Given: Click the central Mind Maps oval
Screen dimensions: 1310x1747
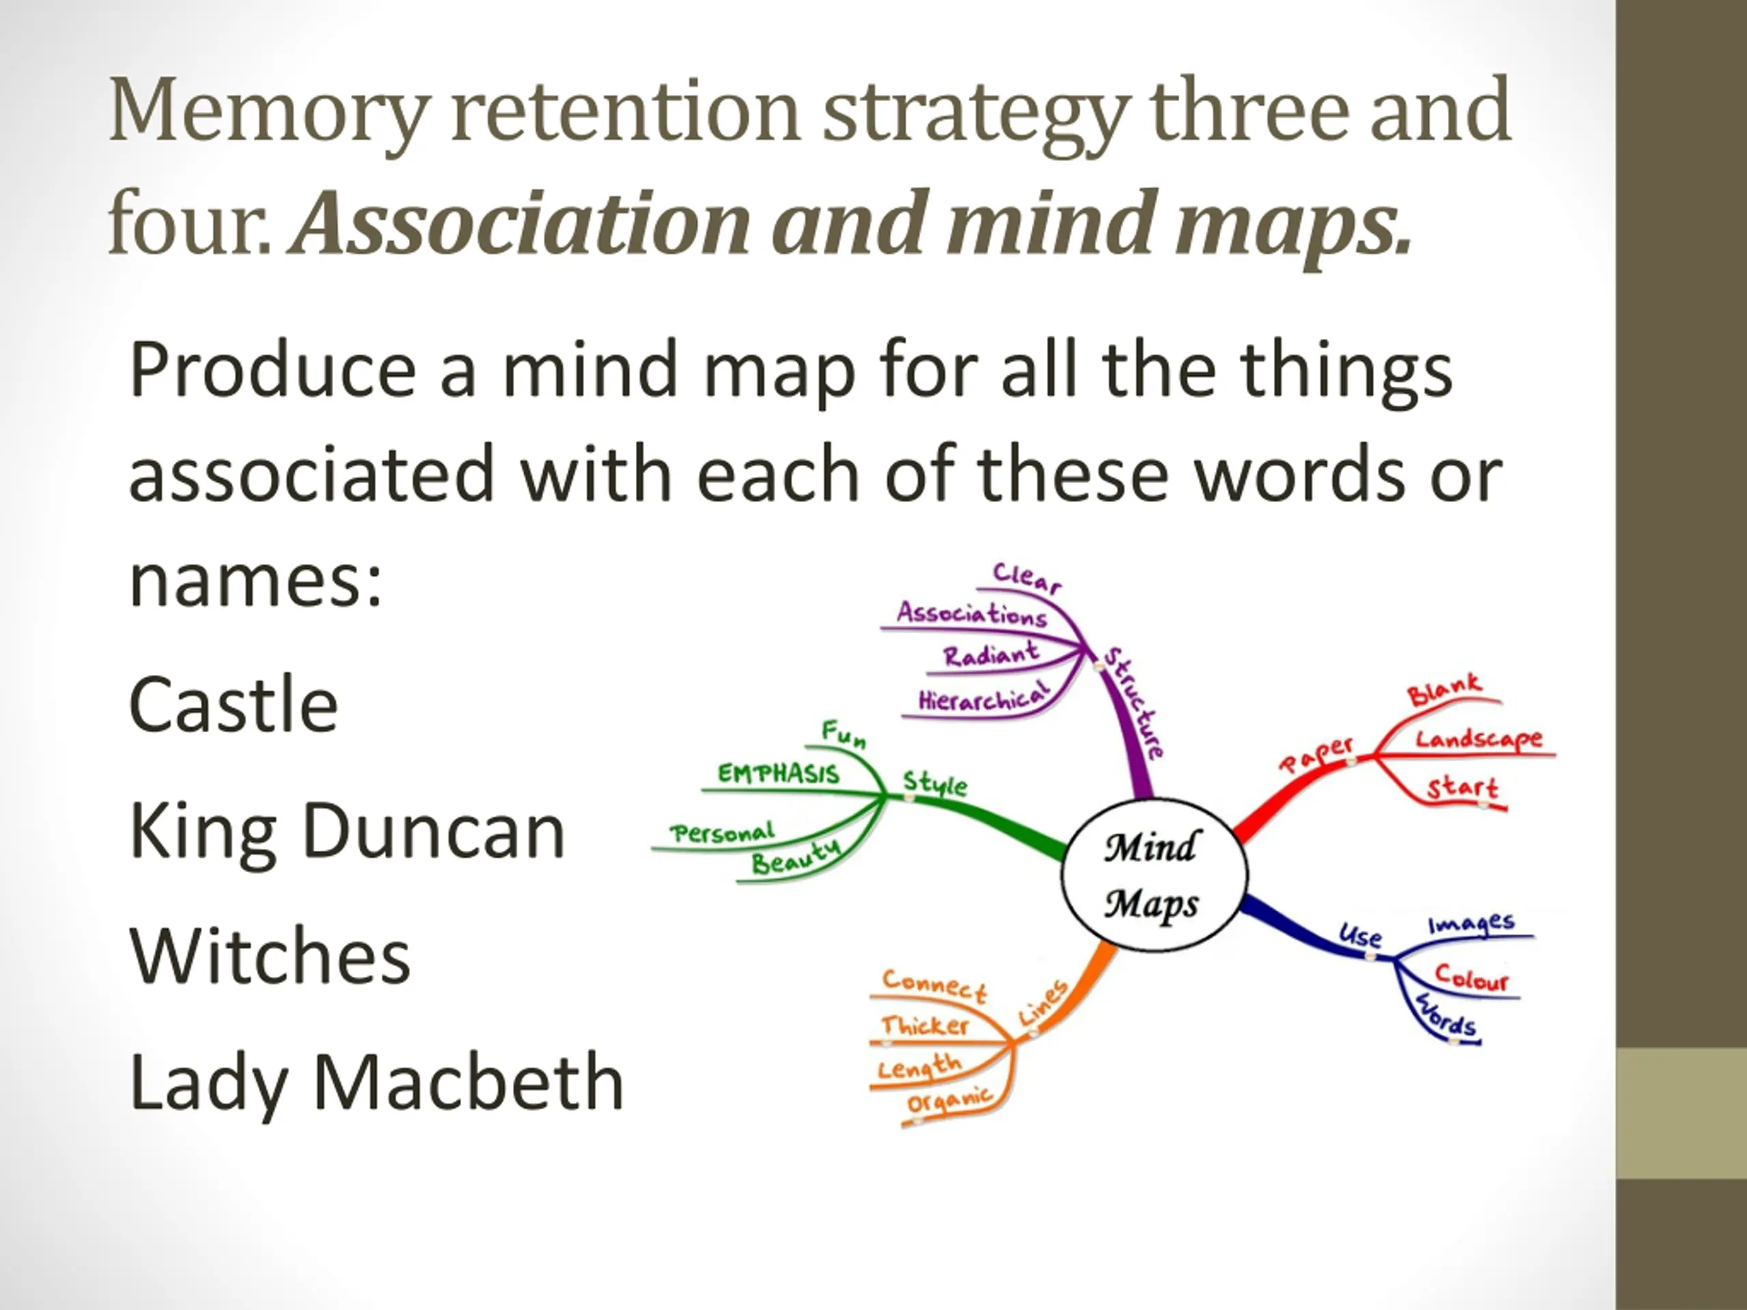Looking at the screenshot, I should point(1153,875).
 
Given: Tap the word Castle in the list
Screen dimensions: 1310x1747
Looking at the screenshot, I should point(234,705).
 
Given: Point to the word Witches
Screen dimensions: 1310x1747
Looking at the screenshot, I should point(270,957).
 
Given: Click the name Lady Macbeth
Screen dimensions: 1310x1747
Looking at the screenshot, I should point(377,1083).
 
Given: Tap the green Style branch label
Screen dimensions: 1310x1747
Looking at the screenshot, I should point(935,783).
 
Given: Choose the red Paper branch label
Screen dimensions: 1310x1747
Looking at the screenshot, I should point(1316,753).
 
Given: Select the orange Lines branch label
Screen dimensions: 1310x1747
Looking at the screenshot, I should point(1043,1003).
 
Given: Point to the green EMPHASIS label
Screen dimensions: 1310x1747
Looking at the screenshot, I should point(778,773).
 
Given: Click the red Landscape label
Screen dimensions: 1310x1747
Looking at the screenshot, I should point(1477,740).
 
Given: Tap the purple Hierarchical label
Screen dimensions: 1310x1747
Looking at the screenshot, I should point(984,698).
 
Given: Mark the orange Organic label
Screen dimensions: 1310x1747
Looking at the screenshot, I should point(949,1100).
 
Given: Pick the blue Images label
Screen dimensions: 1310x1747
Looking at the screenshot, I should point(1471,924).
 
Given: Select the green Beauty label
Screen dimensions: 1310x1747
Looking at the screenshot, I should point(795,858).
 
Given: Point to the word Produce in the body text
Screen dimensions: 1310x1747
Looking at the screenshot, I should point(272,370).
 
